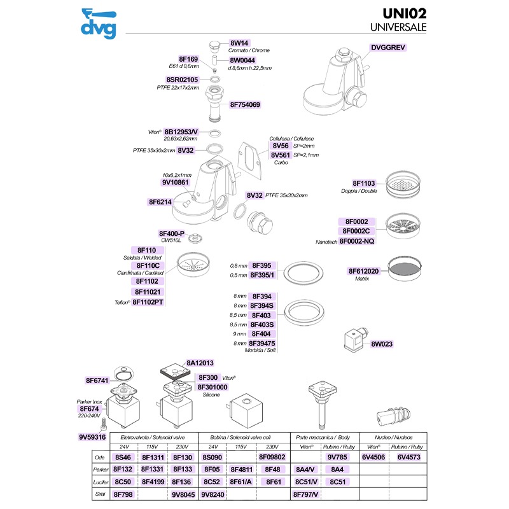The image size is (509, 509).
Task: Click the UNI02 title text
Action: point(403,14)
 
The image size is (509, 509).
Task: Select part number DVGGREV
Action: point(387,47)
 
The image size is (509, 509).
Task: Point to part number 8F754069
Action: point(245,104)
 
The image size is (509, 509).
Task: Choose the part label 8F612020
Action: point(363,270)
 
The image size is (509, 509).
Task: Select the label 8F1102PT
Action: point(149,302)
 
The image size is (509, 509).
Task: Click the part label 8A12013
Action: point(200,362)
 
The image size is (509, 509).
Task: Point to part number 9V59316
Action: point(92,437)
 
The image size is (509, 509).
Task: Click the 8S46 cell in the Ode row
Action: point(122,457)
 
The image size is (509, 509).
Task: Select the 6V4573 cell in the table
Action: point(409,457)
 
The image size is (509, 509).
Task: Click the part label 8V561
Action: point(281,155)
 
